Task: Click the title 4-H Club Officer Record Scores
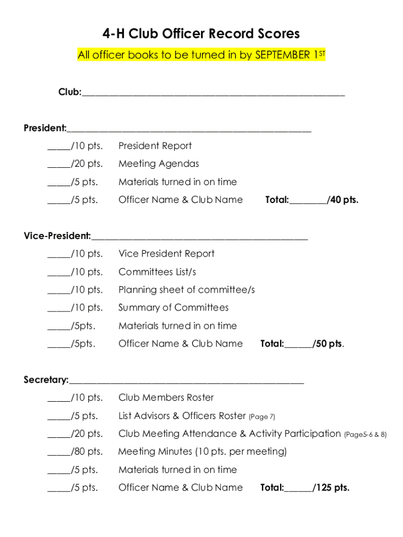[x=201, y=34]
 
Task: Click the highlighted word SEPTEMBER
[x=283, y=55]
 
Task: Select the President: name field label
[x=45, y=128]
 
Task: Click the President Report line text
[x=155, y=146]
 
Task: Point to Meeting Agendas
[x=159, y=164]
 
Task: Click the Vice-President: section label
[x=57, y=236]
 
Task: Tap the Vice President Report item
[x=166, y=254]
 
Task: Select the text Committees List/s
[x=157, y=272]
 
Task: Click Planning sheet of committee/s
[x=186, y=289]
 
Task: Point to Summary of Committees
[x=173, y=307]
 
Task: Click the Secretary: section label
[x=46, y=380]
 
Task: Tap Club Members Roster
[x=166, y=398]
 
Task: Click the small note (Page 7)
[x=262, y=417]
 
